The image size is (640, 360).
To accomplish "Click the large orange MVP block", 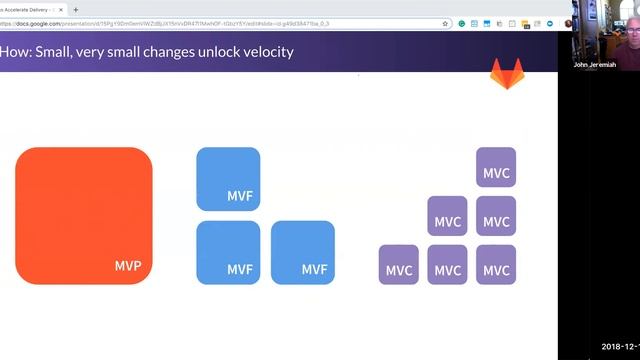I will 84,215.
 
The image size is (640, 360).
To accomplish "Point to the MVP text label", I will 127,267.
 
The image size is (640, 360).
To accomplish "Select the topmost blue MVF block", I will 228,179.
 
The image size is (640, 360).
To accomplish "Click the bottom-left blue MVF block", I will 228,252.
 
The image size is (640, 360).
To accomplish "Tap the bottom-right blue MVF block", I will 303,252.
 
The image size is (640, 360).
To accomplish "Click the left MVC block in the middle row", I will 447,216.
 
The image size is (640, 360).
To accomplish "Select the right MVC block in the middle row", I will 496,216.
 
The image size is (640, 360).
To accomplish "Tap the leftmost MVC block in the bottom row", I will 399,265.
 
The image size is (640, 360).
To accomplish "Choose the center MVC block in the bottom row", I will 447,265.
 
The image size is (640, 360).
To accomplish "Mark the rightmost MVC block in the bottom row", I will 496,265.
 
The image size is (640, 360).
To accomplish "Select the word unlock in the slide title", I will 205,51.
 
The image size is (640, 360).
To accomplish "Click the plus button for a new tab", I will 76,9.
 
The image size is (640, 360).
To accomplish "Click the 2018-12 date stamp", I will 620,346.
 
